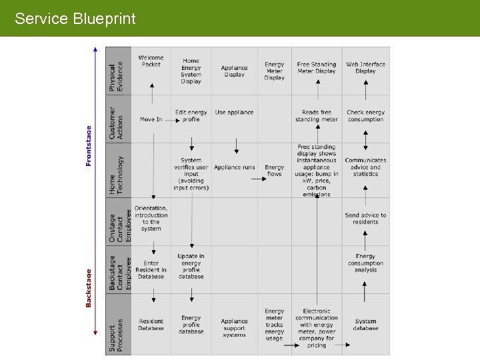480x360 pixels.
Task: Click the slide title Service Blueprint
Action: click(75, 19)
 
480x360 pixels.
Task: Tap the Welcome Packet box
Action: click(151, 61)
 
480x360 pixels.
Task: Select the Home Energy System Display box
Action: click(191, 71)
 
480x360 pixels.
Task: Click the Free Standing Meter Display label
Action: click(317, 68)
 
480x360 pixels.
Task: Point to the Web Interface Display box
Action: click(365, 68)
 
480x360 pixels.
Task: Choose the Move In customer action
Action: click(151, 119)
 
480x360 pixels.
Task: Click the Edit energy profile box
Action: click(191, 116)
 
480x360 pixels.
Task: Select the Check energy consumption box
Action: click(365, 116)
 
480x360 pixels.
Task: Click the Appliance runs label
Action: click(235, 167)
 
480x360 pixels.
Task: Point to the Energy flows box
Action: click(274, 171)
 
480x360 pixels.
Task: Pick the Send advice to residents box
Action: click(365, 219)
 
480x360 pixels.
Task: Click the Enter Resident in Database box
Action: click(151, 270)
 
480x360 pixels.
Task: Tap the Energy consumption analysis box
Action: click(365, 263)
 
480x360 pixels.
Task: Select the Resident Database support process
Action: click(151, 325)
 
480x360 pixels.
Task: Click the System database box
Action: click(365, 325)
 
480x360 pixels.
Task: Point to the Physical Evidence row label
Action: click(117, 77)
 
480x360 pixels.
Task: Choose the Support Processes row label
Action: click(117, 338)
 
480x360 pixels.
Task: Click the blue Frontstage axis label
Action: click(89, 147)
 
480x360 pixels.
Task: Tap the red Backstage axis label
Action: click(89, 287)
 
